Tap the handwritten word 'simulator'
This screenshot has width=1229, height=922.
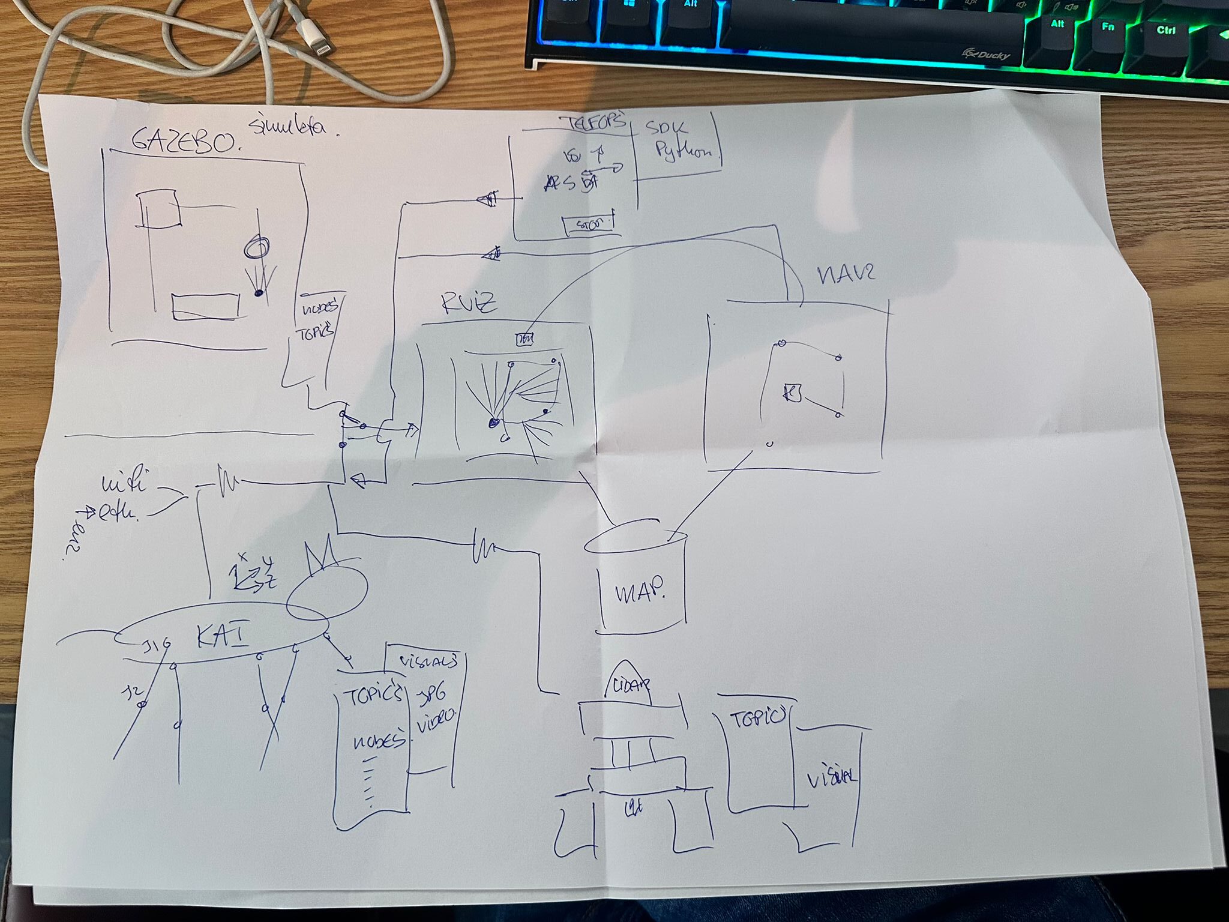coord(293,127)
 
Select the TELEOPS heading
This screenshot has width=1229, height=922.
coord(593,122)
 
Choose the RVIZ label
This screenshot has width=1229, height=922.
coord(469,304)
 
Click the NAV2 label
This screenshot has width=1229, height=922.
coord(846,274)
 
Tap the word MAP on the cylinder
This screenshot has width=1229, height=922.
coord(641,593)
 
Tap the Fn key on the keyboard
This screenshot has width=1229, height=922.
coord(1108,26)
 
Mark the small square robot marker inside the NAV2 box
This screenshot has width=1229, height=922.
coord(793,393)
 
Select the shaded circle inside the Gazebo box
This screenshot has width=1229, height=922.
coord(257,247)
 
